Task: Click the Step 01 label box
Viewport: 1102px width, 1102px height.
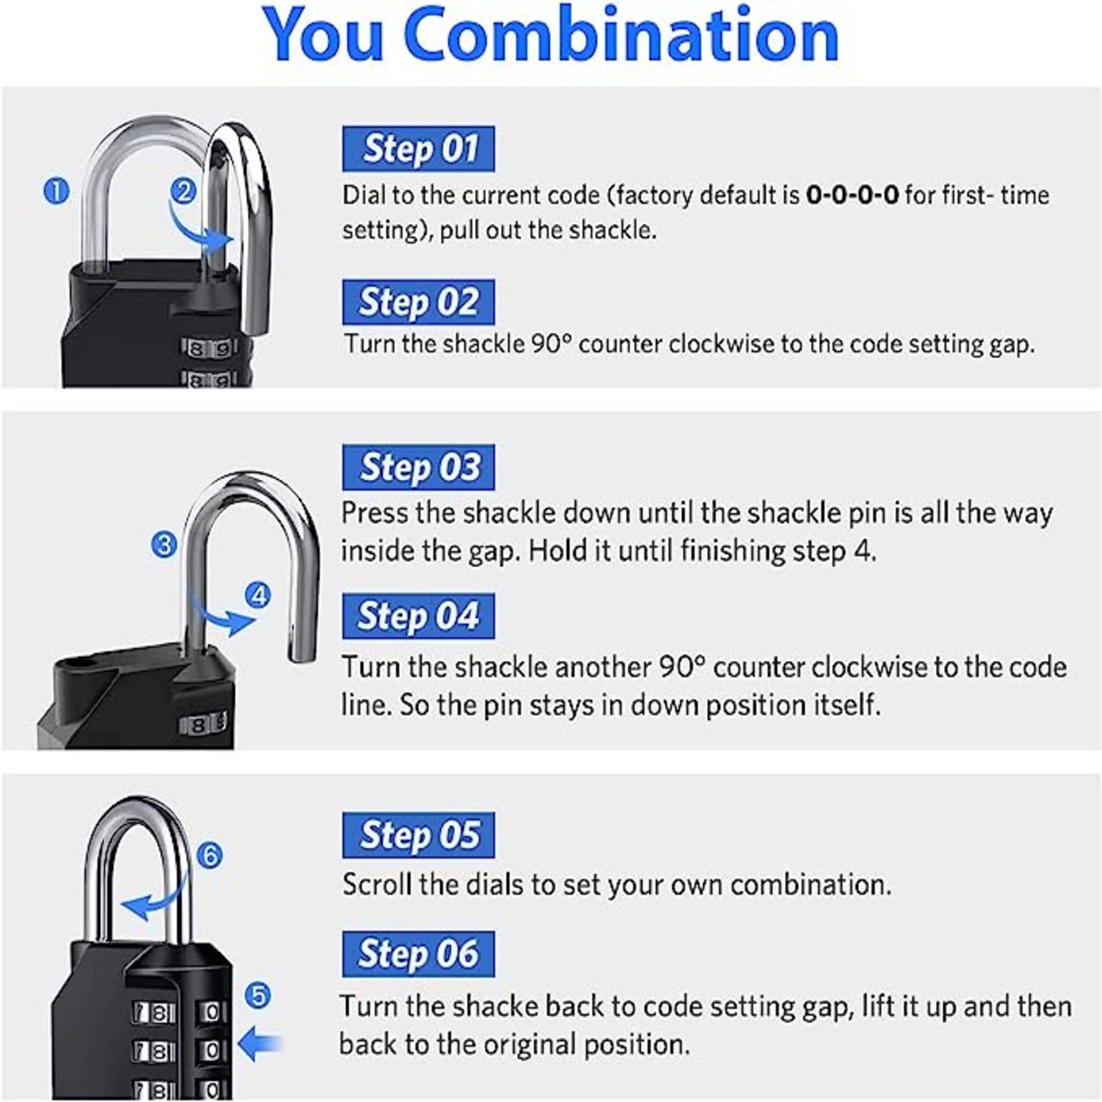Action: tap(418, 149)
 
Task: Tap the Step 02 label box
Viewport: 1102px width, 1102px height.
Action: tap(418, 302)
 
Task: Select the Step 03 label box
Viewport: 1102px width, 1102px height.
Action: tap(418, 467)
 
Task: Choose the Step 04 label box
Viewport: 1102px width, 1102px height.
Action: tap(418, 616)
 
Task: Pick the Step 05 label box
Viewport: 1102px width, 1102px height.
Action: tap(418, 835)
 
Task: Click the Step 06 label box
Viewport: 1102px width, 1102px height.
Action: tap(418, 954)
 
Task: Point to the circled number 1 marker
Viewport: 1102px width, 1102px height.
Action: tap(56, 191)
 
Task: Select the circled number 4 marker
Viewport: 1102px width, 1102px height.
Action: tap(258, 596)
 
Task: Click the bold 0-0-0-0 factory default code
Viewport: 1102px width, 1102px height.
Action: tap(852, 196)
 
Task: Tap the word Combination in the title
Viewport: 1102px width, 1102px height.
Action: tap(624, 35)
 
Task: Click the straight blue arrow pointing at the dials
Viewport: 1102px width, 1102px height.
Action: tap(260, 1044)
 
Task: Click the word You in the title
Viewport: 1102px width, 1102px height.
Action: tap(323, 35)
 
